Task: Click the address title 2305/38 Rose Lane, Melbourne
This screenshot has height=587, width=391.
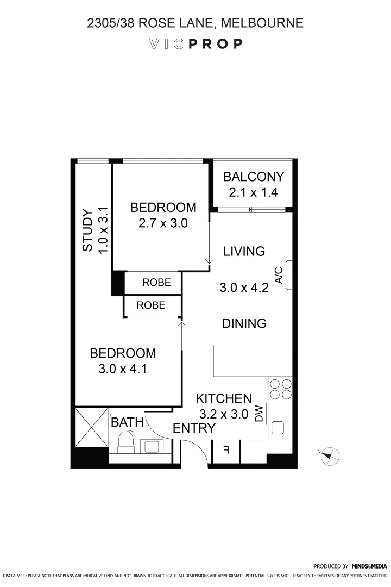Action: click(195, 23)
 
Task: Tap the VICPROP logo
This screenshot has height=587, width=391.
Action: click(195, 44)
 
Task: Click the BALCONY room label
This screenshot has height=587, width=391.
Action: click(254, 177)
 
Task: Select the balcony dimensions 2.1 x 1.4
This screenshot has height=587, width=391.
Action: click(254, 192)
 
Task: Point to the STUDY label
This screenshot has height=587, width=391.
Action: click(87, 230)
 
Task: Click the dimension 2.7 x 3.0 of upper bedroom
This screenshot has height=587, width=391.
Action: click(163, 223)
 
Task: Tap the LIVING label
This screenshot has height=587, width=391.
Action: click(244, 251)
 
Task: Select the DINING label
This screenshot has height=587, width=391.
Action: click(244, 323)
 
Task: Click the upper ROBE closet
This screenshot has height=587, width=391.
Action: click(156, 283)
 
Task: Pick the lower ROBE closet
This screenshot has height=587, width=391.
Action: click(151, 305)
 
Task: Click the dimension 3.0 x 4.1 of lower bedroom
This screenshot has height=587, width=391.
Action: click(123, 370)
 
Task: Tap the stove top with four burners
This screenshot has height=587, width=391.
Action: click(280, 389)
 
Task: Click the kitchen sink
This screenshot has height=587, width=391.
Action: click(278, 428)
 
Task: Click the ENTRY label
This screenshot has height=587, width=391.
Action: click(194, 428)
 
